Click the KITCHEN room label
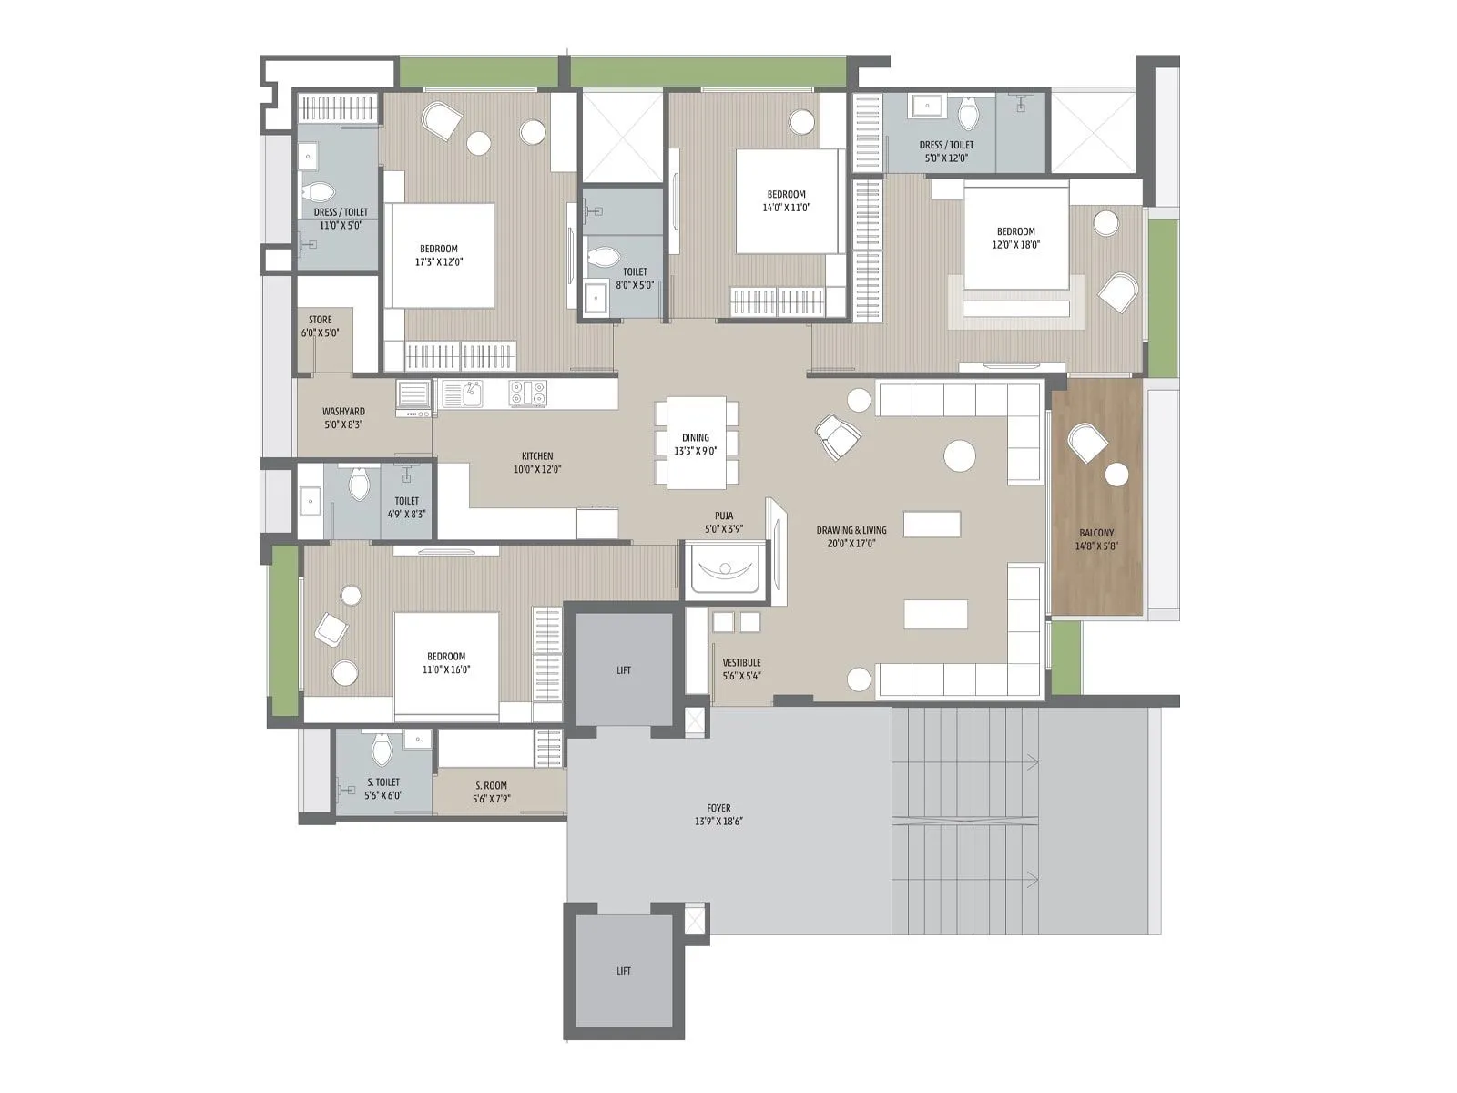[x=537, y=456]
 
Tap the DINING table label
[x=696, y=438]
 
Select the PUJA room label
[x=724, y=516]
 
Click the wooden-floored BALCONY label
[x=1096, y=533]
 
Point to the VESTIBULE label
[x=741, y=663]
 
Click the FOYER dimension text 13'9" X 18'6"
[x=718, y=821]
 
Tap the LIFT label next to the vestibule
[x=624, y=670]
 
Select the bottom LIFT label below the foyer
[x=624, y=971]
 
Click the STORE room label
[x=320, y=320]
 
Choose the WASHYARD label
[x=343, y=412]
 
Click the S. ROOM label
[x=491, y=785]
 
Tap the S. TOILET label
[x=383, y=782]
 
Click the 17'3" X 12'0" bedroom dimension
[x=438, y=261]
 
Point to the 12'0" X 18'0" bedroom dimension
[x=1015, y=244]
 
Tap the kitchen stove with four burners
[x=527, y=393]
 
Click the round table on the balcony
[x=1116, y=475]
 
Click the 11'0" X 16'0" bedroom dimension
[x=446, y=669]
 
